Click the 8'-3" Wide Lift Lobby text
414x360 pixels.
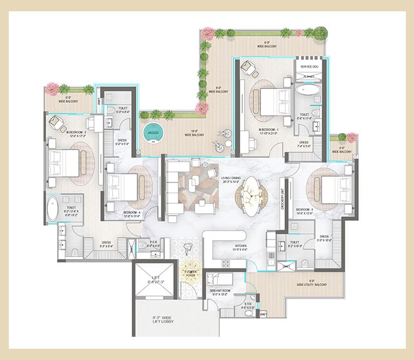pyautogui.click(x=157, y=327)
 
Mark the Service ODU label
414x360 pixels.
pyautogui.click(x=309, y=66)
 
